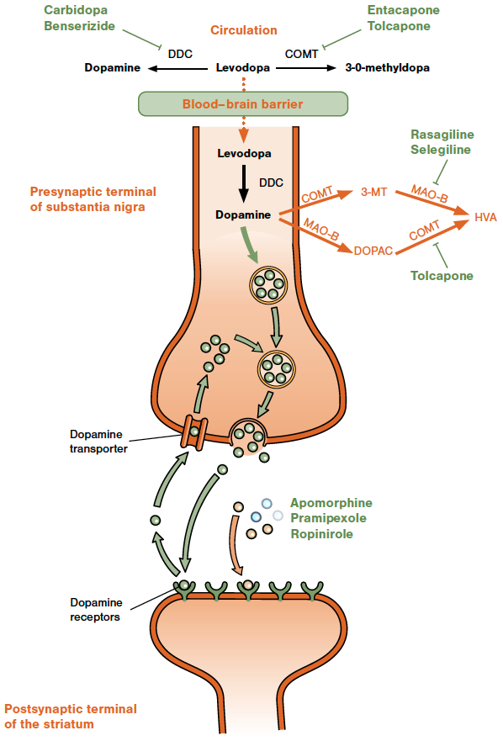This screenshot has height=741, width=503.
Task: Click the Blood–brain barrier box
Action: pyautogui.click(x=243, y=104)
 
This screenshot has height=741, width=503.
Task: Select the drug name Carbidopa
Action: pyautogui.click(x=76, y=10)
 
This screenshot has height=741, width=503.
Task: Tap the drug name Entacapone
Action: pyautogui.click(x=403, y=10)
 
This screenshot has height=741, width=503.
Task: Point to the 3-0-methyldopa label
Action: pyautogui.click(x=387, y=67)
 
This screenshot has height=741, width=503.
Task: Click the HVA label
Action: pyautogui.click(x=485, y=217)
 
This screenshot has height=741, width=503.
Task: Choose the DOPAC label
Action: pyautogui.click(x=373, y=251)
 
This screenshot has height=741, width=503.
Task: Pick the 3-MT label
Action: pyautogui.click(x=374, y=192)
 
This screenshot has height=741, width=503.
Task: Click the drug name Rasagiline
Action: pyautogui.click(x=442, y=135)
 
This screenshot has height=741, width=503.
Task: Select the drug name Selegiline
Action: pyautogui.click(x=441, y=150)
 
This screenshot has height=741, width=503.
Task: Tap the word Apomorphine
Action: pyautogui.click(x=331, y=503)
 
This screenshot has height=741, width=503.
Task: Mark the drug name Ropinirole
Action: pyautogui.click(x=321, y=534)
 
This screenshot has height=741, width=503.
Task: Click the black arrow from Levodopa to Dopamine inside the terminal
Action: pyautogui.click(x=243, y=183)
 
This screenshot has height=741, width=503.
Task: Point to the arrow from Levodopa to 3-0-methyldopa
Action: pyautogui.click(x=306, y=68)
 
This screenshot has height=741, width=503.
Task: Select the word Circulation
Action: pyautogui.click(x=243, y=30)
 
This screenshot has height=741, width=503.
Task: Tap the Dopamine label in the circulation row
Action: pyautogui.click(x=113, y=67)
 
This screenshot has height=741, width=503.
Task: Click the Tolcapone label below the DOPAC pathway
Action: pyautogui.click(x=442, y=276)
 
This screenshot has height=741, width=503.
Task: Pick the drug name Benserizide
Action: pyautogui.click(x=79, y=25)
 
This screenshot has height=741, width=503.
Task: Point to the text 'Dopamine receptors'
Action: pyautogui.click(x=96, y=610)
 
